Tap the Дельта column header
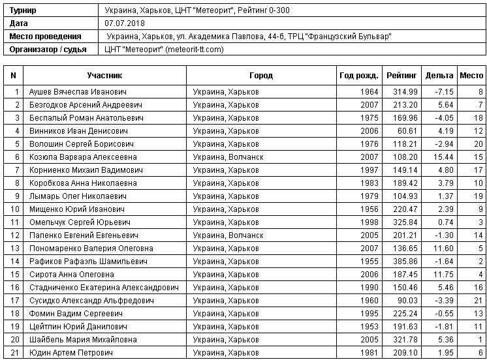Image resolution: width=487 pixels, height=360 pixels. click(x=439, y=76)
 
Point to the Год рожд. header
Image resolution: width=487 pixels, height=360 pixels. click(x=358, y=76)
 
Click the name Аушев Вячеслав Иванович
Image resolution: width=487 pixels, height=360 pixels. click(x=78, y=92)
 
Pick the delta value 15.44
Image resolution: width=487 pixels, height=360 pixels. click(x=443, y=157)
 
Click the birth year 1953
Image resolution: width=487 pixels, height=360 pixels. click(x=369, y=327)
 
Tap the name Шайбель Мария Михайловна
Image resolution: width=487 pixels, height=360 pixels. click(x=83, y=340)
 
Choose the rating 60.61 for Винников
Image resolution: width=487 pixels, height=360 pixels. click(x=408, y=131)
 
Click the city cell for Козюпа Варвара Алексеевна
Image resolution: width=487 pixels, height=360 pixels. click(x=228, y=157)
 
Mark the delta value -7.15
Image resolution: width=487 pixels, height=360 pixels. click(x=443, y=92)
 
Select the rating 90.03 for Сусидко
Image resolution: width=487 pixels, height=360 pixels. click(x=408, y=301)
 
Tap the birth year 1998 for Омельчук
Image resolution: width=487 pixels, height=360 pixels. click(x=369, y=222)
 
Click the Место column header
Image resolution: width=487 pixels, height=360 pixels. click(x=471, y=76)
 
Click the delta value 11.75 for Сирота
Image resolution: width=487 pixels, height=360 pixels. click(x=443, y=275)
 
